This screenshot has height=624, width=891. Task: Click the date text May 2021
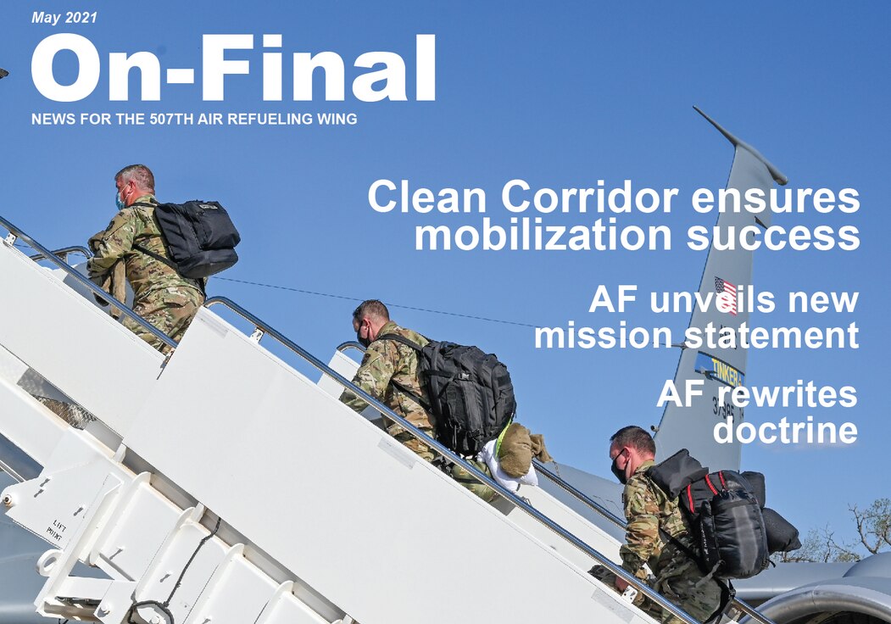click(64, 17)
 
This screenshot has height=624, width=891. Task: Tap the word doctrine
click(785, 430)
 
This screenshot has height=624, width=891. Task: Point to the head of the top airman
click(136, 184)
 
